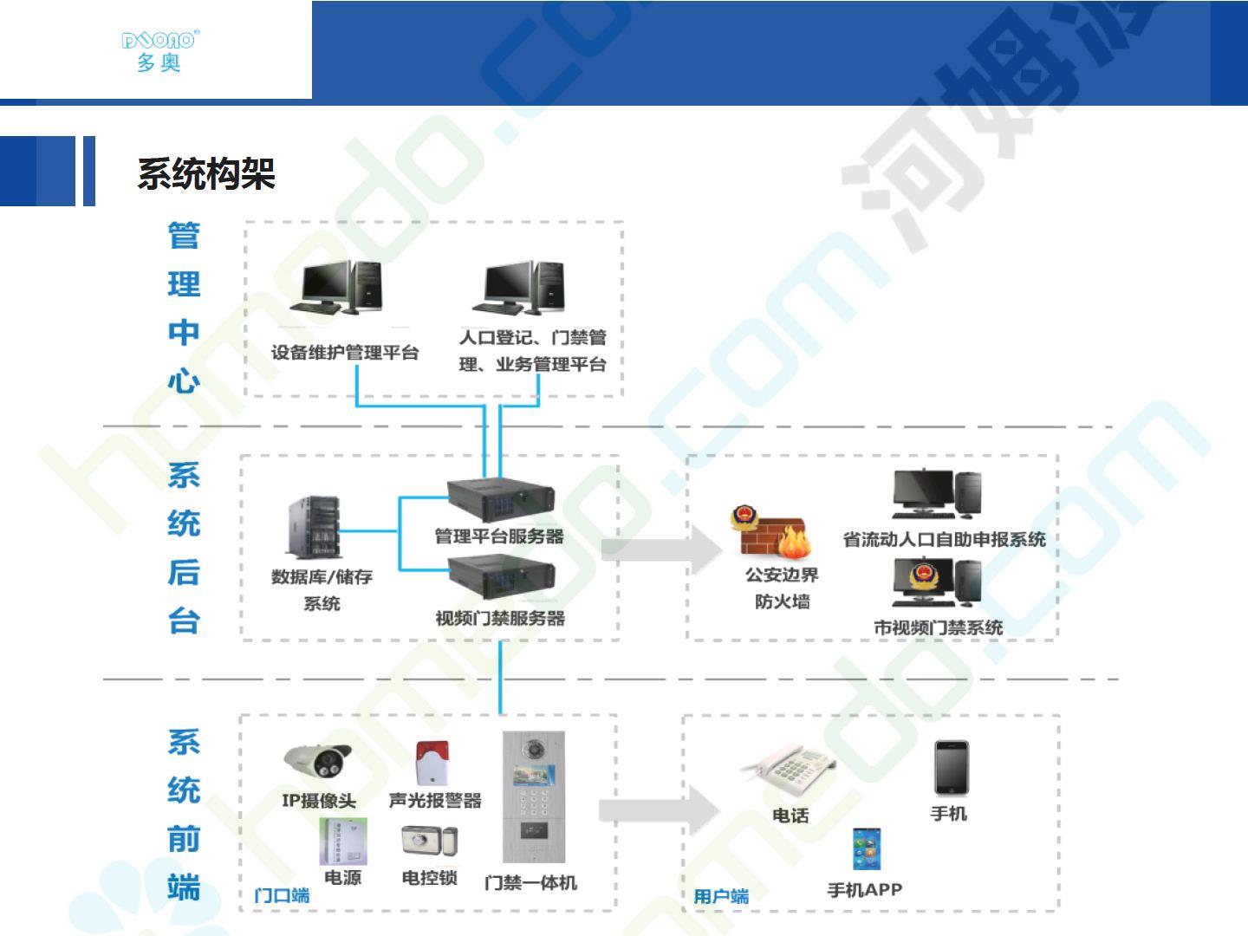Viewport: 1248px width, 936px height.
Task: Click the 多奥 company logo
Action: tap(159, 50)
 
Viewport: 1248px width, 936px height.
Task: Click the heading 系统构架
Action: tap(206, 174)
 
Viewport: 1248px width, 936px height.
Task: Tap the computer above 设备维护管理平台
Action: tap(336, 287)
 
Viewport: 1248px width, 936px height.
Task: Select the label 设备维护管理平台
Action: tap(345, 353)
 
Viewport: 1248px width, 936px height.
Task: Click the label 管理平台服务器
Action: tap(499, 536)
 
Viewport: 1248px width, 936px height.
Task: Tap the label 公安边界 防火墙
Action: tap(782, 588)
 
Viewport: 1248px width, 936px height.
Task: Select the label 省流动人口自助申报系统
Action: tap(945, 539)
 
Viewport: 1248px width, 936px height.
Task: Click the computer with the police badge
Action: tap(936, 582)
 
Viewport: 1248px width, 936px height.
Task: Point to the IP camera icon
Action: tap(318, 761)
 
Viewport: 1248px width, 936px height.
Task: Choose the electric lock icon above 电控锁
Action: tap(429, 841)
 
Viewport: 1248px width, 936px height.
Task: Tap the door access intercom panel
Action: tap(533, 796)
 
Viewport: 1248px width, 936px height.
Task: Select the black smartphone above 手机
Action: tap(952, 768)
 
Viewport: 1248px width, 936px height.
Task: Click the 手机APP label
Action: tap(865, 889)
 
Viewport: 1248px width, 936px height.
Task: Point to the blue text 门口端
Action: tap(282, 895)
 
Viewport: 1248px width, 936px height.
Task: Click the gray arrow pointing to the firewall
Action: tap(661, 549)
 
